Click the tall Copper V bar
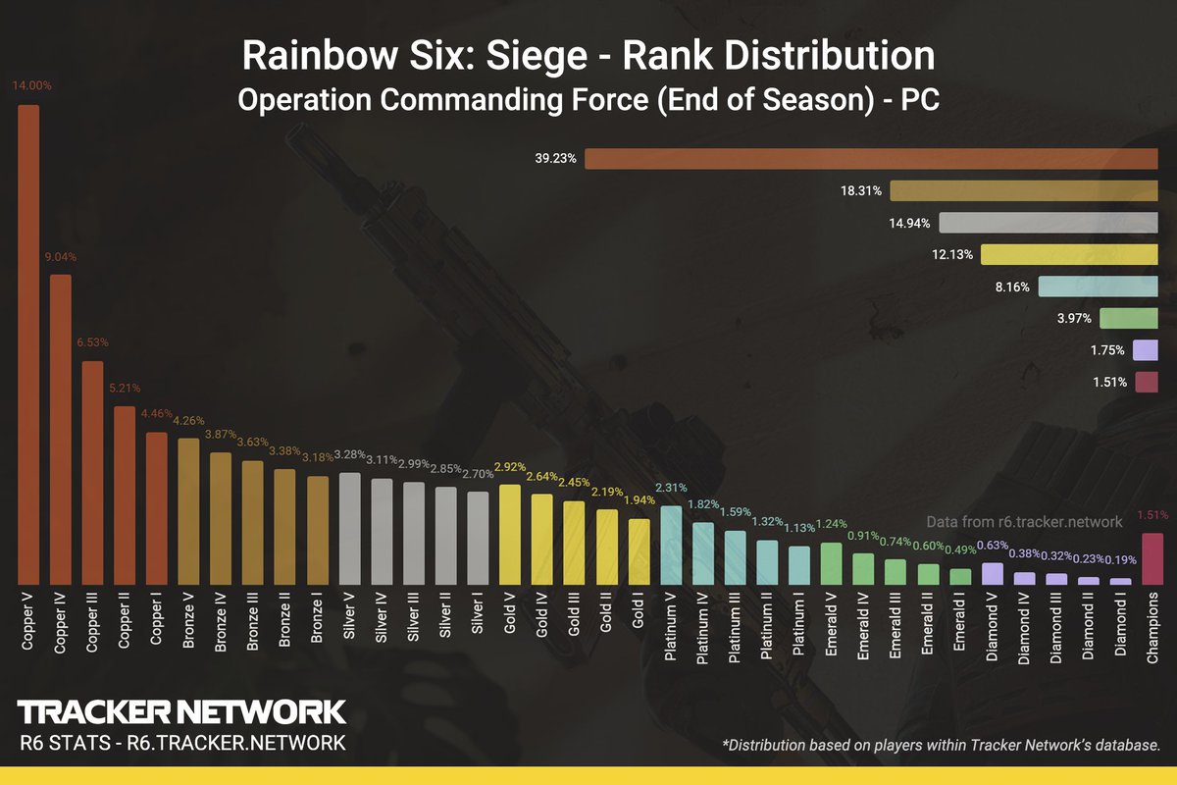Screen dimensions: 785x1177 coord(29,343)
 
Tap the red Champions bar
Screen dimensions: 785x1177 coord(1152,558)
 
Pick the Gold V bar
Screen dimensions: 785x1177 coord(509,534)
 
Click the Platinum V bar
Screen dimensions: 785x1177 coord(671,545)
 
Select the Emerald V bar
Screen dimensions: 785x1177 coord(830,563)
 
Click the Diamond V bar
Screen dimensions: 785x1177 coord(992,573)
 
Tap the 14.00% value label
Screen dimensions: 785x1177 coord(32,86)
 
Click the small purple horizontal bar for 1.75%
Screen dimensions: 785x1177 coord(1145,350)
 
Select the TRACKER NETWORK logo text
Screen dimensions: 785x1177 coord(181,711)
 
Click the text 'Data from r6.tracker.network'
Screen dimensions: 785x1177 coord(1024,522)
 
